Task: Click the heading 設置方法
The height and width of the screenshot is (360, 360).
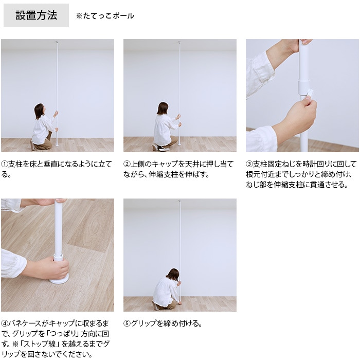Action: pyautogui.click(x=37, y=15)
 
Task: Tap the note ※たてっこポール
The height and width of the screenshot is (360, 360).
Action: pyautogui.click(x=105, y=16)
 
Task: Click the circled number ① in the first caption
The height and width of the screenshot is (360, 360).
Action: pyautogui.click(x=4, y=164)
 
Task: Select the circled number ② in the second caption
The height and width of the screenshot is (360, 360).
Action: pyautogui.click(x=127, y=164)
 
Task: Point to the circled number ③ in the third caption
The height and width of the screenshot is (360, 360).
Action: pyautogui.click(x=249, y=164)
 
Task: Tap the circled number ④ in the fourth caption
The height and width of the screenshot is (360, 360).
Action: pyautogui.click(x=4, y=323)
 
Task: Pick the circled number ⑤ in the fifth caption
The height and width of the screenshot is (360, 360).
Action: pyautogui.click(x=127, y=323)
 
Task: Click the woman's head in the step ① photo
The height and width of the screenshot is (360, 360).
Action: pyautogui.click(x=39, y=111)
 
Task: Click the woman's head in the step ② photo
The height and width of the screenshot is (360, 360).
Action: pyautogui.click(x=163, y=109)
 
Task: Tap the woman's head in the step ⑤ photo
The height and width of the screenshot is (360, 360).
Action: pyautogui.click(x=173, y=274)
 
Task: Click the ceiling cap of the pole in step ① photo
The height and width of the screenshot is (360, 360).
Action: pyautogui.click(x=57, y=42)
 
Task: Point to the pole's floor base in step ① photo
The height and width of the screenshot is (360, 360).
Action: pyautogui.click(x=57, y=145)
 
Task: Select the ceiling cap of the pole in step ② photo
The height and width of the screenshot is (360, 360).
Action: pyautogui.click(x=179, y=42)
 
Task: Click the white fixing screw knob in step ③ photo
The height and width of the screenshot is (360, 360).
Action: pyautogui.click(x=310, y=94)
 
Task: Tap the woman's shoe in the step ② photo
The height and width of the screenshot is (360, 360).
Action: pyautogui.click(x=162, y=149)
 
